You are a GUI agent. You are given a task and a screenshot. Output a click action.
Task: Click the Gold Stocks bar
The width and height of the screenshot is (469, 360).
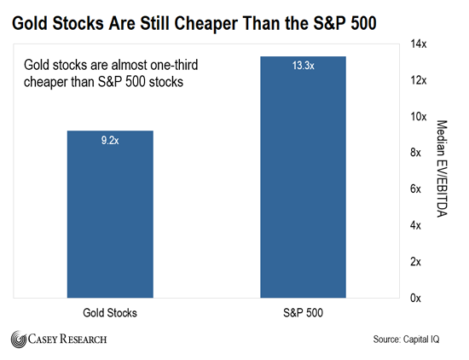pos(110,214)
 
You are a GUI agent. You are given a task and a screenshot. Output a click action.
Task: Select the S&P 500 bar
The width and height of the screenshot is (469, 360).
pos(303,177)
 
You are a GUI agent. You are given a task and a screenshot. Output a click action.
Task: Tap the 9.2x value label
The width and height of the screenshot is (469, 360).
pos(110,140)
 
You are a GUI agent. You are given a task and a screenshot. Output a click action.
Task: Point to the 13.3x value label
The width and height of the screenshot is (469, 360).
pos(303,65)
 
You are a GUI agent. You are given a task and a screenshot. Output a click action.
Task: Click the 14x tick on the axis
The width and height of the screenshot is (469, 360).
pos(419,44)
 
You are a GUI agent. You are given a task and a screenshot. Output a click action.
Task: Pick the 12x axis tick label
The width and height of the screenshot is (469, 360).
pos(419,80)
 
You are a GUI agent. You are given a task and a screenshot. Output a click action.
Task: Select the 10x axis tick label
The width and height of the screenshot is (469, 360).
pos(419,116)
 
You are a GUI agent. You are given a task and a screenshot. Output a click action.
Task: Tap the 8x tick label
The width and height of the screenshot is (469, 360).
pos(415,153)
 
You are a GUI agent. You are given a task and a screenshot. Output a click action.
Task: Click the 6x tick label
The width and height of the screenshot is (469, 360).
pos(415,189)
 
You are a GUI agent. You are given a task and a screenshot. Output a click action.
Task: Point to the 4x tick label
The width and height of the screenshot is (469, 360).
pos(415,225)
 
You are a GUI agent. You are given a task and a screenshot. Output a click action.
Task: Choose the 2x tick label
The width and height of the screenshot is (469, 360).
pos(415,262)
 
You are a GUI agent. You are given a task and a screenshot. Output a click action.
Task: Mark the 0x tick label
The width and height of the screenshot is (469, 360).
pos(415,298)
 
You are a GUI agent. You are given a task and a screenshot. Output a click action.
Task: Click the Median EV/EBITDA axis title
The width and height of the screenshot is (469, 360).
pos(442,168)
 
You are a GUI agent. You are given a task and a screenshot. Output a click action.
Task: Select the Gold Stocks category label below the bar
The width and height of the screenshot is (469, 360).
pos(110,313)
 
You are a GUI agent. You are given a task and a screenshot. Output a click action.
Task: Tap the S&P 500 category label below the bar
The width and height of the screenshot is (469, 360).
pos(303,313)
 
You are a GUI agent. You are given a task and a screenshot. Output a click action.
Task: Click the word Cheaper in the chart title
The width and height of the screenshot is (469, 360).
pos(206,24)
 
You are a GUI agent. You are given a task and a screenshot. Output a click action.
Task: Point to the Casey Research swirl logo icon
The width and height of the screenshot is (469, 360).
pos(19,340)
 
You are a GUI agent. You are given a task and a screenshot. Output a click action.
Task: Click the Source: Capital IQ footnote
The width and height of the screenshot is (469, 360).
pos(406,340)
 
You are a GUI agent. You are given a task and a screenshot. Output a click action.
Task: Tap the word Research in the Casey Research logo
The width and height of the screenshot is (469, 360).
pos(84,339)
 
